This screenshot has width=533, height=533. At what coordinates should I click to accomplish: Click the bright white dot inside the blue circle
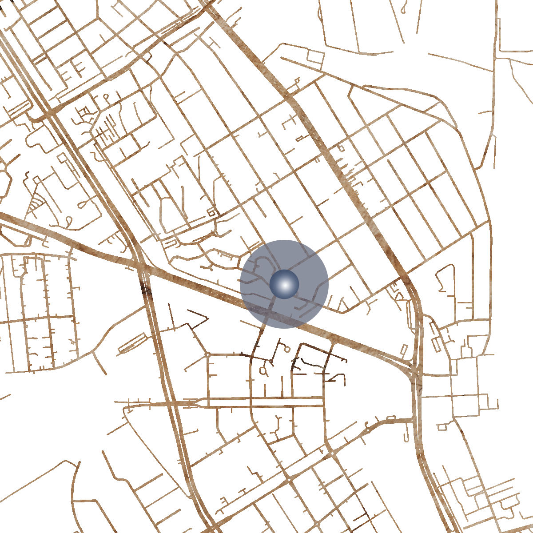pyautogui.click(x=285, y=284)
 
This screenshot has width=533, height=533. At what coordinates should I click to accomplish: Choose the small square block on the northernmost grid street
pyautogui.click(x=315, y=57)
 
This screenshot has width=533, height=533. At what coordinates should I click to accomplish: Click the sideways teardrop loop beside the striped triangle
pyautogui.click(x=83, y=204)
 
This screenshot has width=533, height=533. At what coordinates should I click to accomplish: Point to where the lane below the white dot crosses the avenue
pyautogui.click(x=268, y=314)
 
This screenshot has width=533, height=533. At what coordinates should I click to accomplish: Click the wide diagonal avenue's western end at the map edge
pyautogui.click(x=2, y=215)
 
